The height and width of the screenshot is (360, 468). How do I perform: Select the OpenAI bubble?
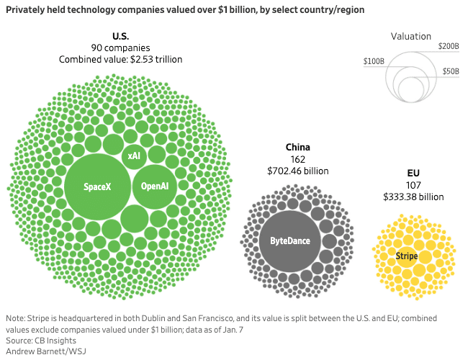(x=154, y=186)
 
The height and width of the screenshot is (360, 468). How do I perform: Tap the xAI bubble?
(x=134, y=156)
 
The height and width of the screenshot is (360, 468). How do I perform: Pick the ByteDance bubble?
(x=289, y=240)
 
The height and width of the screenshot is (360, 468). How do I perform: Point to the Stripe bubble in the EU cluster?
(x=407, y=256)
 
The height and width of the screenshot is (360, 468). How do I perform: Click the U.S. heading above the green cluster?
(x=120, y=37)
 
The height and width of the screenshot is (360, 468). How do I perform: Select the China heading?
(x=297, y=147)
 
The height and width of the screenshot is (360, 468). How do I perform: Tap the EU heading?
(x=413, y=173)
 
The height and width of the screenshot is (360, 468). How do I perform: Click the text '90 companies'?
(x=120, y=48)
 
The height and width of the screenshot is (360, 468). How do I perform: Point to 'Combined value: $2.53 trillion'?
(x=120, y=60)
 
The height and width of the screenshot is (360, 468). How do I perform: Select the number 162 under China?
(x=297, y=159)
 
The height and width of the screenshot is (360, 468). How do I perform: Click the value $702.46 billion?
(x=297, y=171)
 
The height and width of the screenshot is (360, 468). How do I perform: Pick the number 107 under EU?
(x=413, y=184)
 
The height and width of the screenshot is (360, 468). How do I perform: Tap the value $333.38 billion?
(x=413, y=197)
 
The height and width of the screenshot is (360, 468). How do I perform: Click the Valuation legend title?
(x=411, y=36)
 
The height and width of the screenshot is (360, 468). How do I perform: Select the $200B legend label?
(x=448, y=46)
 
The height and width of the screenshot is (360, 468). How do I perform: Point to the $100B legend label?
(x=374, y=63)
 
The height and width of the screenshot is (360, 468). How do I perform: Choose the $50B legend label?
(x=451, y=72)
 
